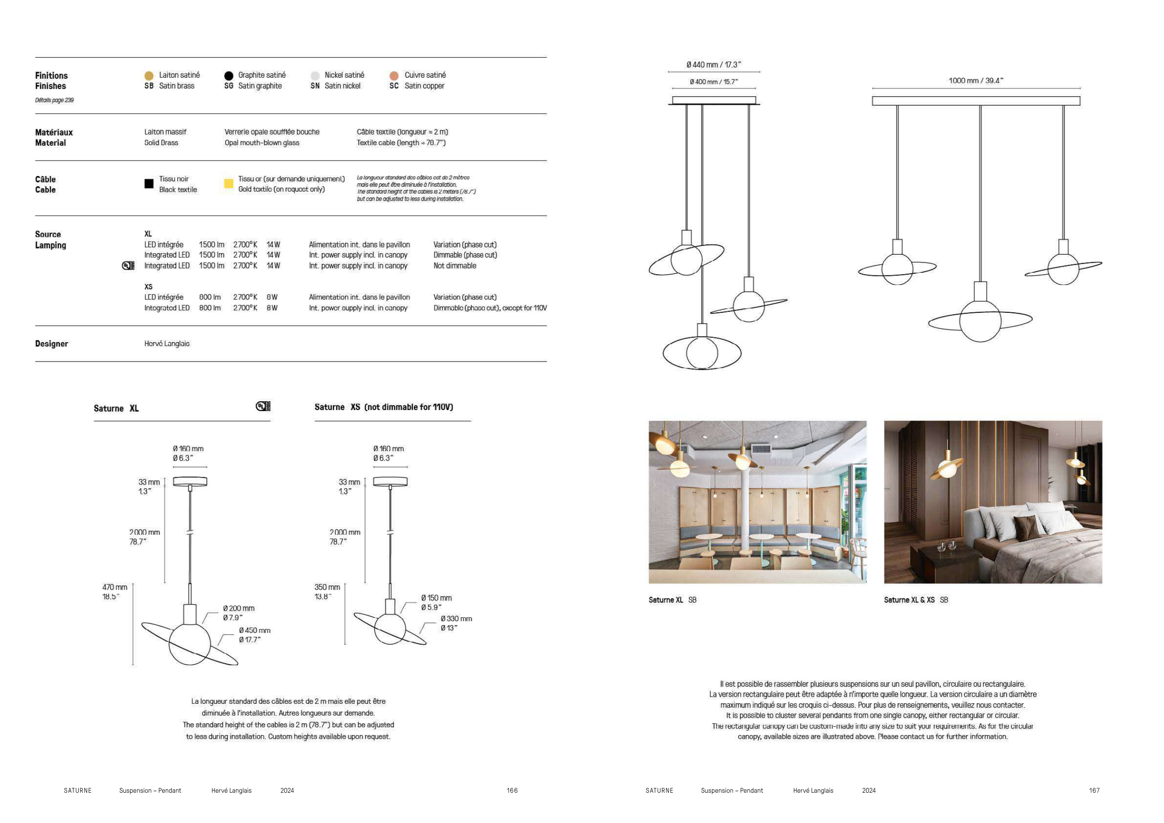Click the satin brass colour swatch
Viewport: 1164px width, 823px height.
[x=149, y=75]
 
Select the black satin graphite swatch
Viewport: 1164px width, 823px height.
[x=229, y=75]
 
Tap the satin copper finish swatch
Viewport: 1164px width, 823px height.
[x=394, y=75]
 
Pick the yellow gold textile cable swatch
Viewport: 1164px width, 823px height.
[x=229, y=183]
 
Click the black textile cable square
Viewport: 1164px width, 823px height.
[x=149, y=183]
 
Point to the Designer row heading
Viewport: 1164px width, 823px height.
[x=51, y=344]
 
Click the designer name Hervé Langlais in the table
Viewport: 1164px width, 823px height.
[x=167, y=344]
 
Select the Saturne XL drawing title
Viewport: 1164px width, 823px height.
[x=116, y=408]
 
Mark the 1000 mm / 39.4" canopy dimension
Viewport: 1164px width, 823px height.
[x=976, y=81]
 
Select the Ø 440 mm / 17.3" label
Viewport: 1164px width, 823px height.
[x=714, y=65]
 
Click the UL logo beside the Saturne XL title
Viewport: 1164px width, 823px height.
[x=263, y=406]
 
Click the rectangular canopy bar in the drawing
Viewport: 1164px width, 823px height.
[x=976, y=101]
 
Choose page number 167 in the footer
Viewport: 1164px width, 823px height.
[x=1094, y=790]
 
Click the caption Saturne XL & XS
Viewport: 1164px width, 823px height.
[x=909, y=600]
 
